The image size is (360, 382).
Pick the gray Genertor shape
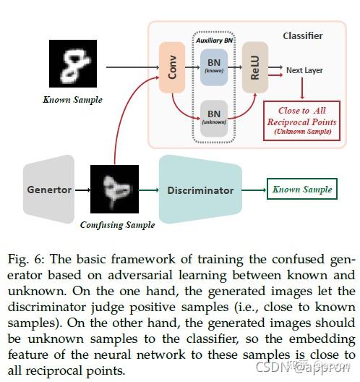click(49, 190)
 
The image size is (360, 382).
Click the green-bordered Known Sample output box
click(301, 190)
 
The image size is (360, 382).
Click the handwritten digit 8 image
click(72, 64)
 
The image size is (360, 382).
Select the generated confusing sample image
click(113, 189)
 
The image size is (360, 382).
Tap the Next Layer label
click(304, 71)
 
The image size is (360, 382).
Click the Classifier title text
click(302, 35)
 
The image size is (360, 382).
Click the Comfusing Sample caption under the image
click(118, 225)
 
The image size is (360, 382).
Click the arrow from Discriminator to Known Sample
click(252, 190)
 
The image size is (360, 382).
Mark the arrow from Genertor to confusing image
click(82, 190)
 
